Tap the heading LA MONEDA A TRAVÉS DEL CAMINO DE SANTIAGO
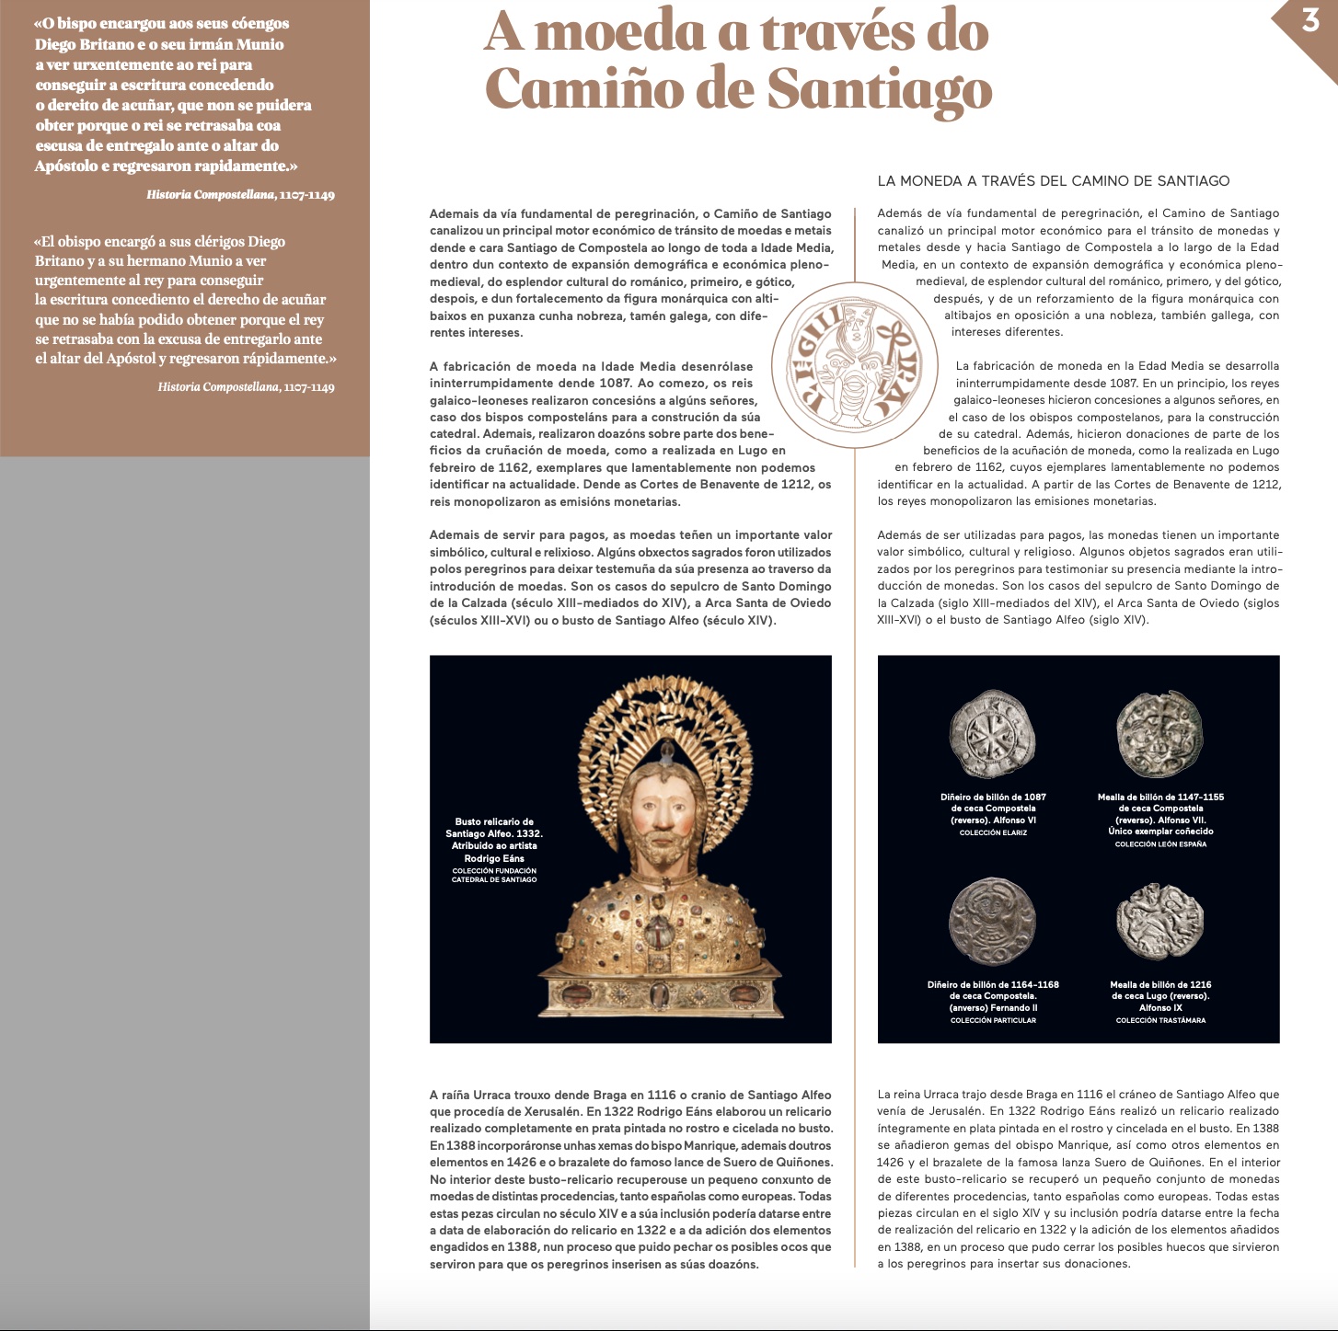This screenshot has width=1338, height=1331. pos(1054,181)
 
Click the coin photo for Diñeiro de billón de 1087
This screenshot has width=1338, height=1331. pos(992,735)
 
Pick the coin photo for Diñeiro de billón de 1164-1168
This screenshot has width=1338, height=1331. pos(992,923)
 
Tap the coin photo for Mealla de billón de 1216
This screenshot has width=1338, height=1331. pos(1159,922)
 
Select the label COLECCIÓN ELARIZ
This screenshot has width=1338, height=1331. pos(993,832)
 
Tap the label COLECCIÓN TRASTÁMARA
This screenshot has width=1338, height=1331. pos(1160,1020)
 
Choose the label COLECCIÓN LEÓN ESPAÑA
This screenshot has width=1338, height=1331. pos(1160,843)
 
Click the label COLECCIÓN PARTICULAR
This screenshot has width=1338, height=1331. pos(993,1020)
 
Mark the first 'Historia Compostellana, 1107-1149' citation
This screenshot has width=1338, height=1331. pos(240,195)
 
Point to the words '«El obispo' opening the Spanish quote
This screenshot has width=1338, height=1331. pos(67,242)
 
